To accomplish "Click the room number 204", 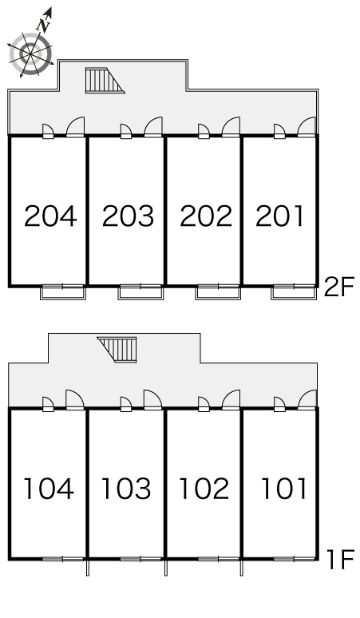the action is point(50,216).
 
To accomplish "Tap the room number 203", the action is point(128,216).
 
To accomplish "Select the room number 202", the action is point(206,216).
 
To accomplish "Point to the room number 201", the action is point(279,216).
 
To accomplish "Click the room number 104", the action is point(49,489).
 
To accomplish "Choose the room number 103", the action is point(126,489).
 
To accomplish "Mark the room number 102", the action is point(204,489).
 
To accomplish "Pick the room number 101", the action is point(284,489).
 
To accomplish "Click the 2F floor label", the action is point(339,287).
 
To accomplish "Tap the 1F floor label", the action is point(341,560).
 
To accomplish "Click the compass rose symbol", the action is point(30,54).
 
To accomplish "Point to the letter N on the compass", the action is point(44,26).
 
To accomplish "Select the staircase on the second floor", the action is point(105,81).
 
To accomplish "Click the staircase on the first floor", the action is point(117,350).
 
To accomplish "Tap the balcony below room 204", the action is point(63,292).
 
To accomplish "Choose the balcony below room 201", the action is point(294,292).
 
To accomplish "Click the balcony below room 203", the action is point(140,292).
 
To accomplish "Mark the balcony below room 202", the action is point(218,292).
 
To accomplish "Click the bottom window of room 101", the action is point(294,558).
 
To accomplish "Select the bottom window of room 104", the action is point(63,558).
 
